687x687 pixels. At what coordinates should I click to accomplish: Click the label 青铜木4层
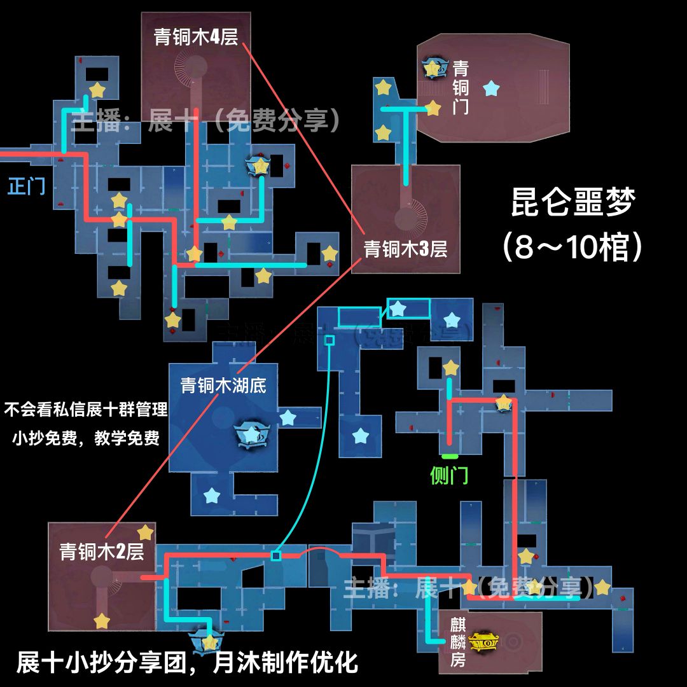(196, 37)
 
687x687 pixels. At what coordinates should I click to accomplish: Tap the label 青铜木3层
(405, 249)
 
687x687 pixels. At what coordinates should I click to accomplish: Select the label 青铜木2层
(102, 552)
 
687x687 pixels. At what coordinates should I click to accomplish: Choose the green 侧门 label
(449, 475)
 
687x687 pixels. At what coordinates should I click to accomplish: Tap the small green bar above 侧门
(450, 456)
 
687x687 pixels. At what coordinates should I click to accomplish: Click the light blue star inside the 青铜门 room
(490, 88)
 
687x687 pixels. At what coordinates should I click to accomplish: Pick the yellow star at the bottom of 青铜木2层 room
(102, 621)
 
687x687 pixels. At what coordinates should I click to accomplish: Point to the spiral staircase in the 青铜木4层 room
(191, 70)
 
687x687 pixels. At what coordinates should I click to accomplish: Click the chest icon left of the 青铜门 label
(433, 67)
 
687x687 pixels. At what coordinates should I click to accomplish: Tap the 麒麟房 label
(458, 642)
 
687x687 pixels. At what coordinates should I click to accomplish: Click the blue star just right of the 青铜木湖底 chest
(288, 418)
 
